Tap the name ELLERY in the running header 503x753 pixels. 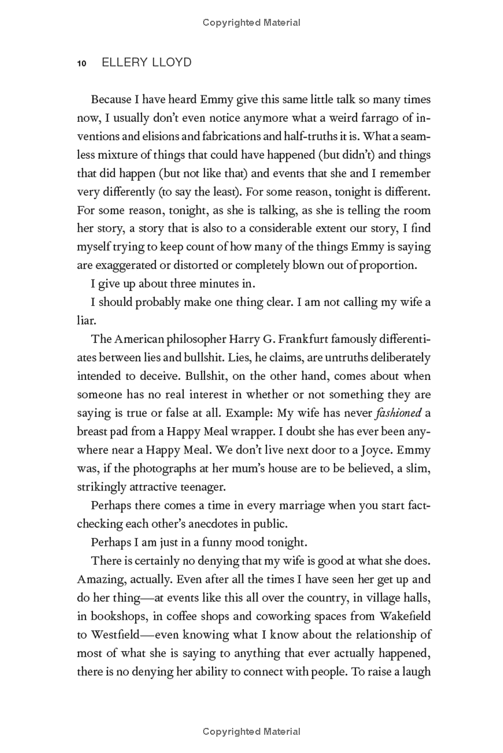coord(116,63)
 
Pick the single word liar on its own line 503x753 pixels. coord(86,321)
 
